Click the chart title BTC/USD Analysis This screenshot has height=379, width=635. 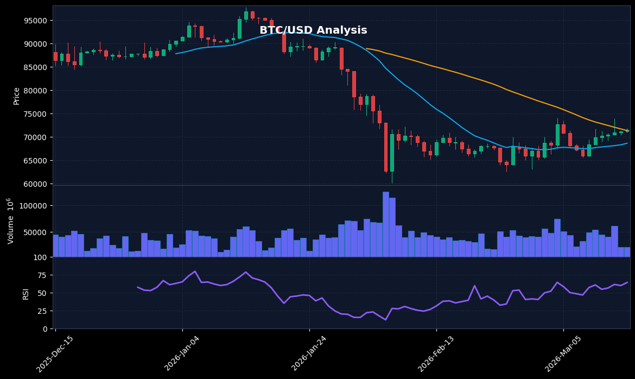(313, 30)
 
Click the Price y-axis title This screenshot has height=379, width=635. (17, 96)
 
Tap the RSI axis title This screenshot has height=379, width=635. (26, 294)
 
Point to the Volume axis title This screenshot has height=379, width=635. (11, 221)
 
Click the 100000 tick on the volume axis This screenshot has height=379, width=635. (34, 206)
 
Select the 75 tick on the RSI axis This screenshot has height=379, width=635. (40, 275)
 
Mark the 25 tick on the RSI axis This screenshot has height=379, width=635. (40, 311)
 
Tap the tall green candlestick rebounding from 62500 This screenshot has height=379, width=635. (392, 153)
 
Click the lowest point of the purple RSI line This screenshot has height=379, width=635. (385, 320)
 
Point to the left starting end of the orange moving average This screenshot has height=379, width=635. (366, 48)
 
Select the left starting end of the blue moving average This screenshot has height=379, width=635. (176, 53)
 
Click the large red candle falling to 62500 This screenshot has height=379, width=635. (386, 147)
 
